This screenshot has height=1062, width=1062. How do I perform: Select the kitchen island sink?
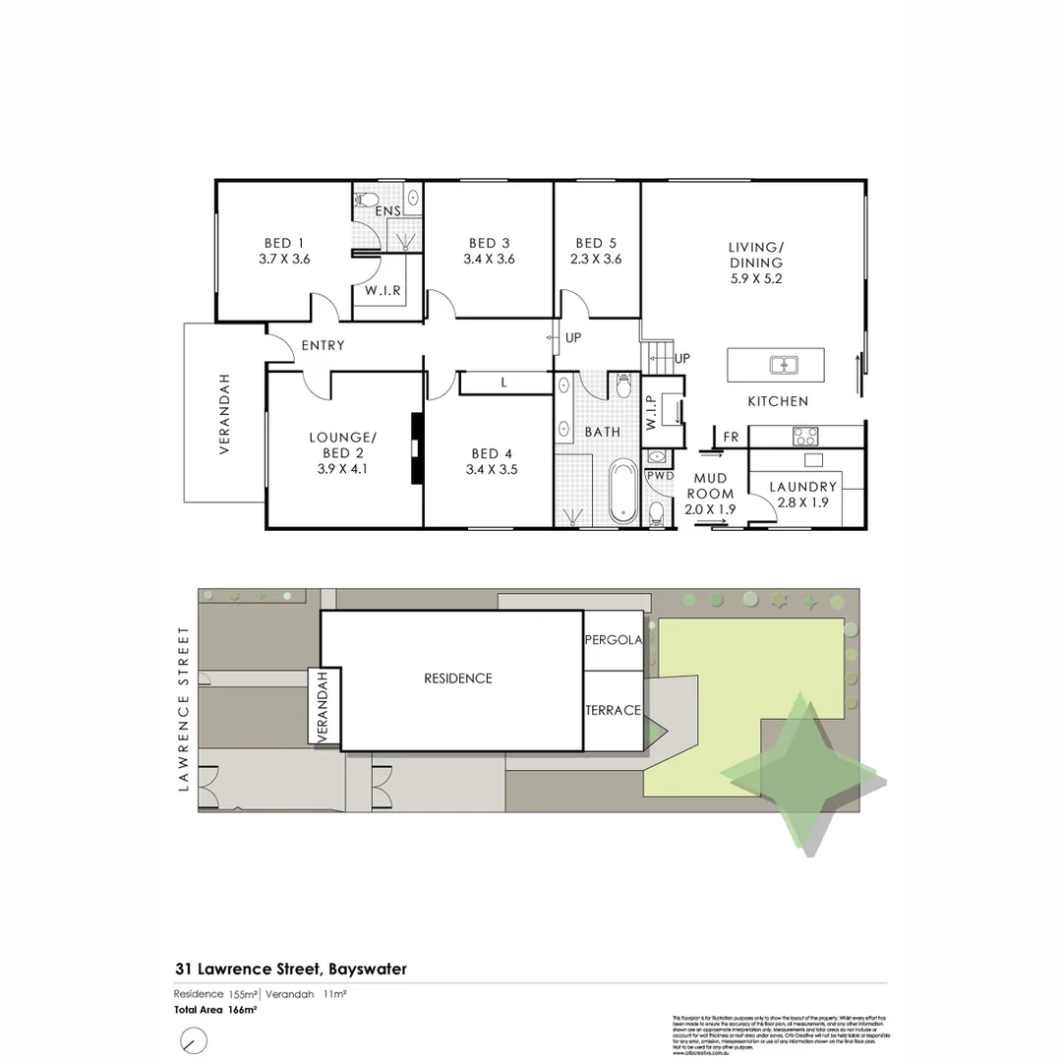[785, 366]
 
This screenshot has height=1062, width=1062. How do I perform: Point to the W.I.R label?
[382, 291]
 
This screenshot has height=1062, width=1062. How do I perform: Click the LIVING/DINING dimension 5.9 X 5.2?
[755, 278]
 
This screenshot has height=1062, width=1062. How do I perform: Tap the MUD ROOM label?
[710, 486]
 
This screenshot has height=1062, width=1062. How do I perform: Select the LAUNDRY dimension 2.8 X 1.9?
[802, 503]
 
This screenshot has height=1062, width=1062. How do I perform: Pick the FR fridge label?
[731, 437]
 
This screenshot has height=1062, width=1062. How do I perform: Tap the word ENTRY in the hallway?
[323, 345]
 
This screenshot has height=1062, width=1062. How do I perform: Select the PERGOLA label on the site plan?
[614, 640]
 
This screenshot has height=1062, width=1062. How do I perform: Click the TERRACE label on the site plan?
[614, 710]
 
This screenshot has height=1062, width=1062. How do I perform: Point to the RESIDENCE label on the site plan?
[457, 678]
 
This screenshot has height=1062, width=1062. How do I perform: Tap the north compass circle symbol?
[194, 1040]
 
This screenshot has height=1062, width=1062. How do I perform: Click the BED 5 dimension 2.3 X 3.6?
[597, 260]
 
